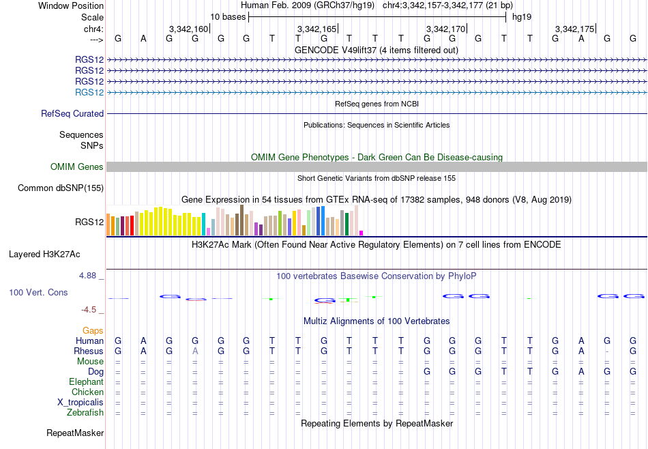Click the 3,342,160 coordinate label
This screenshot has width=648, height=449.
(188, 29)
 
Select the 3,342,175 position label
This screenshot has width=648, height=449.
(574, 29)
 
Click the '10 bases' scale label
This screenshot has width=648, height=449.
(228, 17)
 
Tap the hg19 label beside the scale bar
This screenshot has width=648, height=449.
(522, 17)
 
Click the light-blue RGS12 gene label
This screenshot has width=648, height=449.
(89, 92)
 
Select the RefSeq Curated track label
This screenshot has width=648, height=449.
(72, 113)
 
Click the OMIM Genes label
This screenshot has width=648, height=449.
(77, 166)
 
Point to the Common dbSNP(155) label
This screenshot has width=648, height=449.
(61, 188)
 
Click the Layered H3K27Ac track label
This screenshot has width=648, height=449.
(44, 255)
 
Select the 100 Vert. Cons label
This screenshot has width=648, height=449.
(38, 292)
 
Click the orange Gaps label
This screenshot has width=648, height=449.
(93, 330)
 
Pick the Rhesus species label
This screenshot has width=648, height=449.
(89, 351)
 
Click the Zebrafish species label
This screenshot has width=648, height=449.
(85, 412)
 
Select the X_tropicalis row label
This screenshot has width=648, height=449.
(80, 403)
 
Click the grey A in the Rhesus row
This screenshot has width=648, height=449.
(195, 351)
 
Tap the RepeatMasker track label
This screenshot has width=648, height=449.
(75, 433)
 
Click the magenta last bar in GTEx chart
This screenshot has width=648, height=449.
(362, 233)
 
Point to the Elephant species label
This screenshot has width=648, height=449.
(87, 381)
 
